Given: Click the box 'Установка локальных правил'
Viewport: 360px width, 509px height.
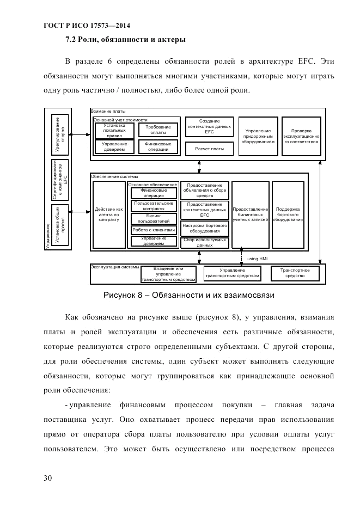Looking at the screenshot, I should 114,131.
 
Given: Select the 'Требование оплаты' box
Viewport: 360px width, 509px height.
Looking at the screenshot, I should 158,130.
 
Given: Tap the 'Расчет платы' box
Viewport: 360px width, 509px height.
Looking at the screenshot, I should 209,148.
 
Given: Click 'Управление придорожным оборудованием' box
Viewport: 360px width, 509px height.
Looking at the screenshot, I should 258,136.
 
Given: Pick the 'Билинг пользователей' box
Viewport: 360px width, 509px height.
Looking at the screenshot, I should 154,218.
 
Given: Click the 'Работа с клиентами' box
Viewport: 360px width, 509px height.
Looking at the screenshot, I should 154,230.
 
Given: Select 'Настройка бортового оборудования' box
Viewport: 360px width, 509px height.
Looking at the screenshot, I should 204,228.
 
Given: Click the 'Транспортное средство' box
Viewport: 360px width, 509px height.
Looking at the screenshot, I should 295,273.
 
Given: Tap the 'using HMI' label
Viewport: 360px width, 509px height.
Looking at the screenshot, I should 257,259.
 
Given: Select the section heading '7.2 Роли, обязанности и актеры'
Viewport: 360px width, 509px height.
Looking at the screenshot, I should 125,39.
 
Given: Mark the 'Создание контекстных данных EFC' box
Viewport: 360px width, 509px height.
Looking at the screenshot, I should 209,127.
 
